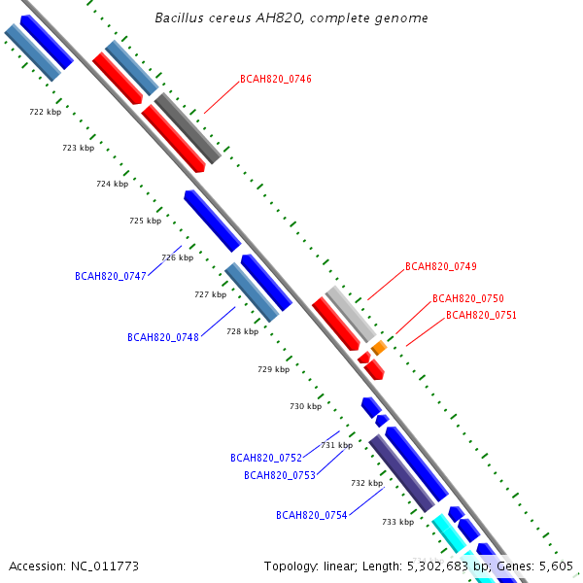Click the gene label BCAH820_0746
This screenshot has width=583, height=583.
pyautogui.click(x=276, y=79)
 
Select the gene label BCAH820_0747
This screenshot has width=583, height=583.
pyautogui.click(x=110, y=276)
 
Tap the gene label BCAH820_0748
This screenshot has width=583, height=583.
pyautogui.click(x=162, y=337)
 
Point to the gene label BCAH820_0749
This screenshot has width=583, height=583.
pyautogui.click(x=440, y=266)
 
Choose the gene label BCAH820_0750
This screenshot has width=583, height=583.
pyautogui.click(x=467, y=298)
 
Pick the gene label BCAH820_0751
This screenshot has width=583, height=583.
pyautogui.click(x=481, y=315)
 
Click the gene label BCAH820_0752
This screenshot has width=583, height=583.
pyautogui.click(x=265, y=457)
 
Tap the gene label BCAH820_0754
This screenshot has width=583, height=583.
pyautogui.click(x=311, y=515)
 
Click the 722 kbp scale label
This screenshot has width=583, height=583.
pyautogui.click(x=45, y=112)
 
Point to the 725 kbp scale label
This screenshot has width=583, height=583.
pyautogui.click(x=145, y=221)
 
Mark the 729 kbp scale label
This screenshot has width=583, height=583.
pyautogui.click(x=273, y=369)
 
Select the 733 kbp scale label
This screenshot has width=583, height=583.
pyautogui.click(x=397, y=522)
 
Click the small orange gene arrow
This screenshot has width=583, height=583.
pyautogui.click(x=379, y=347)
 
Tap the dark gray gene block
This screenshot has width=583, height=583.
pyautogui.click(x=189, y=127)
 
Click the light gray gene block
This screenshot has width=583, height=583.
pyautogui.click(x=351, y=313)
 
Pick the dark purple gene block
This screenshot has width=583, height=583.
pyautogui.click(x=400, y=472)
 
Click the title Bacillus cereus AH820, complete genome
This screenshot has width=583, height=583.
pyautogui.click(x=291, y=18)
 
